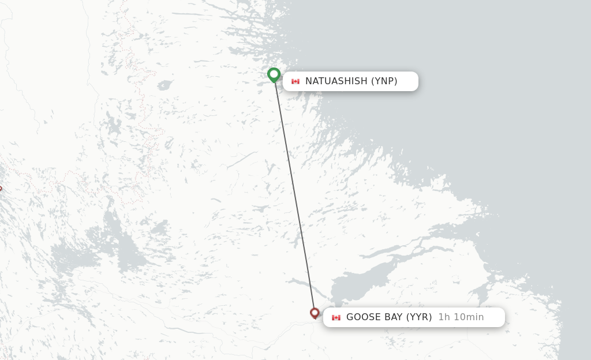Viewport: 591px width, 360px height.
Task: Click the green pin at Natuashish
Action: [274, 75]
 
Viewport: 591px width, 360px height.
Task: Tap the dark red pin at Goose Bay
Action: [315, 313]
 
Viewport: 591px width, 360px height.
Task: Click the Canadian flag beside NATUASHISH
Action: [295, 81]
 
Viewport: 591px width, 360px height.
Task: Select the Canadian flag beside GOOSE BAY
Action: [336, 317]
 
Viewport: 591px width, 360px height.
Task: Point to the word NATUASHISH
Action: [336, 81]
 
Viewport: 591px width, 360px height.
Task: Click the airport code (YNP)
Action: [384, 81]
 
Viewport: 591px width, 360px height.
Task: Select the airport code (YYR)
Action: [419, 317]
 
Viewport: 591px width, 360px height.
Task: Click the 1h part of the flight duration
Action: [443, 317]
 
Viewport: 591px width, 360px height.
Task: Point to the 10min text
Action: [467, 317]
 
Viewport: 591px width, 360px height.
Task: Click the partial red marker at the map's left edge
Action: [1, 188]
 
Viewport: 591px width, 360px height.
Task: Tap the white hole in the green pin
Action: [274, 73]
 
